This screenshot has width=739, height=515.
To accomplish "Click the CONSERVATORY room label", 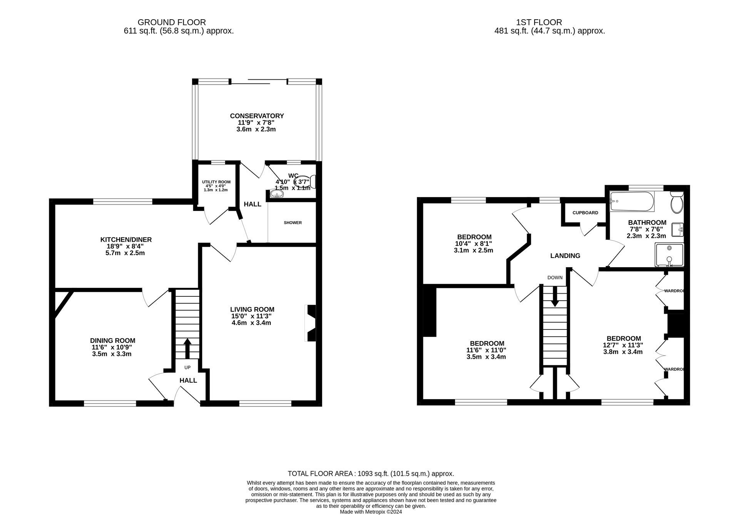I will pyautogui.click(x=257, y=116).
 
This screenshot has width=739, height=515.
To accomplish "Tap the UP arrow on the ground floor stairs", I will pyautogui.click(x=187, y=348).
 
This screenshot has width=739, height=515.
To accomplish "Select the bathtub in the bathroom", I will pyautogui.click(x=632, y=202).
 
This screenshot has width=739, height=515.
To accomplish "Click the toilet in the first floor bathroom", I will pyautogui.click(x=676, y=203).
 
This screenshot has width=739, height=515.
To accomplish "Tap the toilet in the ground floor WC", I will pyautogui.click(x=310, y=182).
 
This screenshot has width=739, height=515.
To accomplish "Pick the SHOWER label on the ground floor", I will pyautogui.click(x=293, y=223).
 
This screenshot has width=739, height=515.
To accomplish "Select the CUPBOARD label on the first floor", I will pyautogui.click(x=585, y=213).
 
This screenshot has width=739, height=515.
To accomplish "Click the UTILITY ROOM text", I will pyautogui.click(x=216, y=182).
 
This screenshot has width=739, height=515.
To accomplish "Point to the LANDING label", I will pyautogui.click(x=565, y=256).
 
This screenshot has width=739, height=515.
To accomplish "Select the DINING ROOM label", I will pyautogui.click(x=112, y=341).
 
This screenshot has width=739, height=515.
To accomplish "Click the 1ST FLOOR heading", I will pyautogui.click(x=550, y=22).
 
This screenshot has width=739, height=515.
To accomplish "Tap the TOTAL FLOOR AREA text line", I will pyautogui.click(x=371, y=474).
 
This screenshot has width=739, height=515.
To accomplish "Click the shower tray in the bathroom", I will pyautogui.click(x=669, y=255).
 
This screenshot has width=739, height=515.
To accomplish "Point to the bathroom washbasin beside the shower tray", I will pyautogui.click(x=678, y=230).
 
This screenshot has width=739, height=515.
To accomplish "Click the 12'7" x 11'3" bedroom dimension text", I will pyautogui.click(x=622, y=345).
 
